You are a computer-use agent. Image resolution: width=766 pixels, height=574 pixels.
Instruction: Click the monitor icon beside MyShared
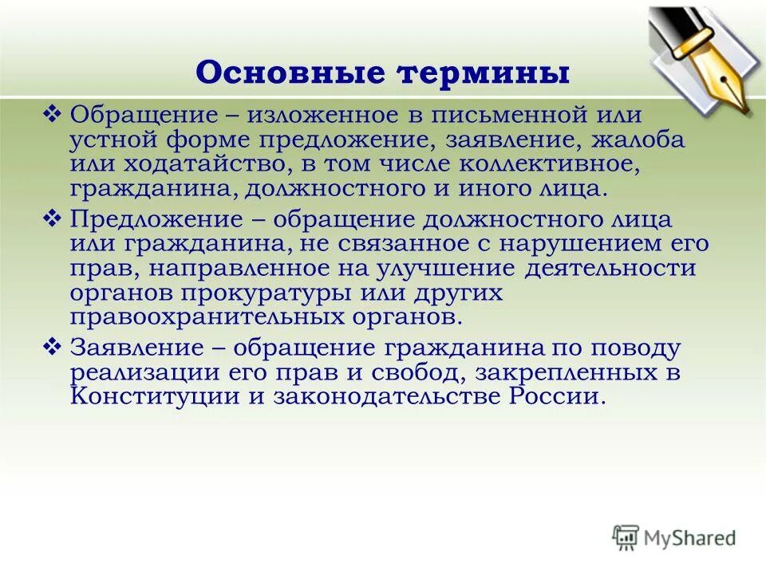point(626,537)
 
